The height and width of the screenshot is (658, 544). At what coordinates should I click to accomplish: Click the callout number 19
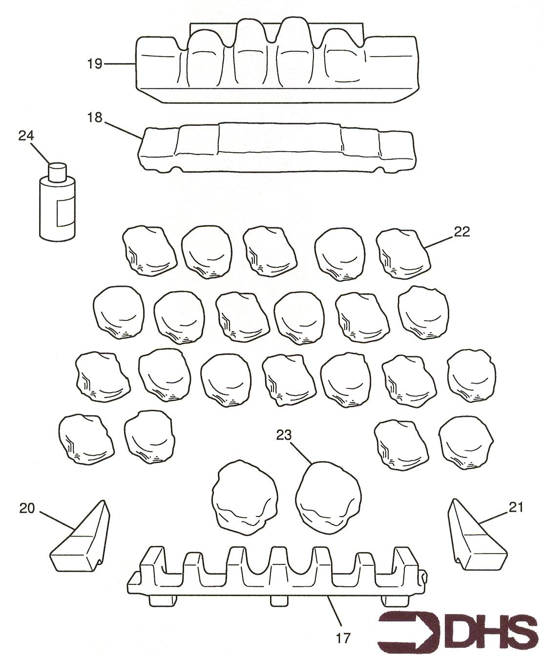(95, 64)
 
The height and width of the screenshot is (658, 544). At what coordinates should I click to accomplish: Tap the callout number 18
(95, 118)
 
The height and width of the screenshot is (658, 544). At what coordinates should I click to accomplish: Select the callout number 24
(26, 136)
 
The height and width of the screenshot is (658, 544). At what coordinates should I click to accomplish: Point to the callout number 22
(461, 232)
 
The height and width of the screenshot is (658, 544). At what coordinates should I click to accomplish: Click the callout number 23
(284, 435)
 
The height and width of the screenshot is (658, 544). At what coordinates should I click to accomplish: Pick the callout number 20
(27, 508)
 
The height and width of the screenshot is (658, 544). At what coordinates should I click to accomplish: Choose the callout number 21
(516, 507)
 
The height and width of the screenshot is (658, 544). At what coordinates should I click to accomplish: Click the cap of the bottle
(58, 171)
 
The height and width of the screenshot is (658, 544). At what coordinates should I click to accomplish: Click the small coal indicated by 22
(403, 254)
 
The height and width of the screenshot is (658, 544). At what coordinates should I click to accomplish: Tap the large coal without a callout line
(245, 498)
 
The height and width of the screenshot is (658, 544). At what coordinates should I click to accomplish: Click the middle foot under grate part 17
(280, 601)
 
